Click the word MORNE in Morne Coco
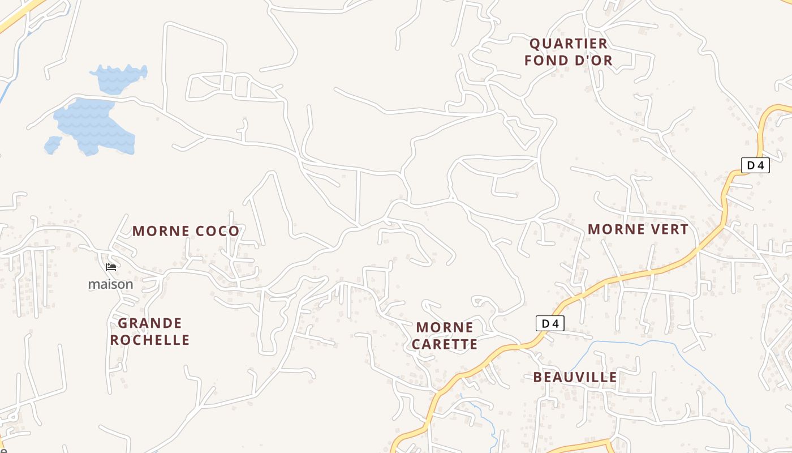(161, 231)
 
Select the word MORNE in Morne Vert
(612, 229)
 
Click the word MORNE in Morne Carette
(445, 327)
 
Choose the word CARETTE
(445, 344)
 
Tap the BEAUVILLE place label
(575, 377)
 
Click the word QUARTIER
(569, 44)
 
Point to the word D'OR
(592, 60)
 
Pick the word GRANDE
(150, 323)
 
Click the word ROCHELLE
(150, 340)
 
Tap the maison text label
(111, 284)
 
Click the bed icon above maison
(111, 267)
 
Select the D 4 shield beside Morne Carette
(550, 323)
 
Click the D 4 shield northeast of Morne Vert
(755, 165)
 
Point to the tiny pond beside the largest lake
(53, 145)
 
